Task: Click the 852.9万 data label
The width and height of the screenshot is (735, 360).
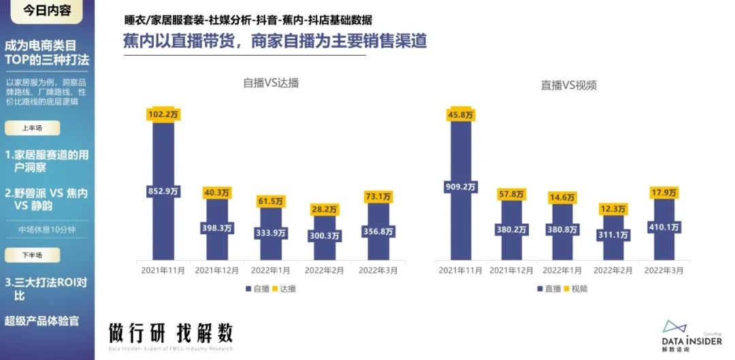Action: pyautogui.click(x=163, y=191)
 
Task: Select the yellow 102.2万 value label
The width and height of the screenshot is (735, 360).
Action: pyautogui.click(x=163, y=115)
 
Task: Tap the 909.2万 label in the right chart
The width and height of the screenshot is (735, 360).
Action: pyautogui.click(x=461, y=184)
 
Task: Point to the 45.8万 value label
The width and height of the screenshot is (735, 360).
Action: pyautogui.click(x=461, y=116)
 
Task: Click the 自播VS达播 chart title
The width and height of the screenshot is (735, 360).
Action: pyautogui.click(x=271, y=83)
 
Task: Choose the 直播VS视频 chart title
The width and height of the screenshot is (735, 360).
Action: pyautogui.click(x=569, y=85)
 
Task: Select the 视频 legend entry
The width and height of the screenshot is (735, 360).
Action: pyautogui.click(x=575, y=289)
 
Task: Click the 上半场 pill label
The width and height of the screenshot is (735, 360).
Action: pyautogui.click(x=32, y=128)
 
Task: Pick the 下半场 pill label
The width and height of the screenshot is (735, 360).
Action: pyautogui.click(x=32, y=255)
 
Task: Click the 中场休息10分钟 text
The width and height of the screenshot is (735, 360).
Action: pyautogui.click(x=48, y=230)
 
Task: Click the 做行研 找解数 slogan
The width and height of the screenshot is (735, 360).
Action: pyautogui.click(x=170, y=333)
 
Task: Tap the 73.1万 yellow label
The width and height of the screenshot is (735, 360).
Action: pyautogui.click(x=378, y=197)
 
